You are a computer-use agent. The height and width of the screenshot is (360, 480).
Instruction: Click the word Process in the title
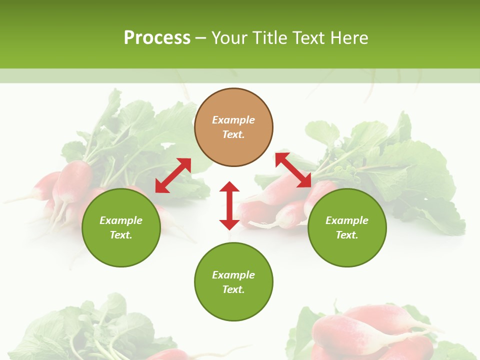coord(157,38)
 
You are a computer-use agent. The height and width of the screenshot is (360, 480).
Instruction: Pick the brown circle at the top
coord(233,102)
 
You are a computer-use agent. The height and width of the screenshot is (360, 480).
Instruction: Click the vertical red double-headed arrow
coord(229,205)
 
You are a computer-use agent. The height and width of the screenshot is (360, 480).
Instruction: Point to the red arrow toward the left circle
coord(173,175)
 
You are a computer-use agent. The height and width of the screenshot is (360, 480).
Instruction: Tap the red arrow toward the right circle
coord(293,170)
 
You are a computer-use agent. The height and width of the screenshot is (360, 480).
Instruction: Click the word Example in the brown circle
coord(233,120)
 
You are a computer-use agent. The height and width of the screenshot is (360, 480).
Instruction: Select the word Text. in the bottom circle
coord(233,289)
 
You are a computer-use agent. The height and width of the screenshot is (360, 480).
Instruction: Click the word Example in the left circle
coord(121,220)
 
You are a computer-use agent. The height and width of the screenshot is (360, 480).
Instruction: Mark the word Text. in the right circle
coord(347,235)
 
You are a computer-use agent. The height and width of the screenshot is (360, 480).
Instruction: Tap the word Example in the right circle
coord(347,220)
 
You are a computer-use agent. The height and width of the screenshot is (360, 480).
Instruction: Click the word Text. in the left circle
coord(121,235)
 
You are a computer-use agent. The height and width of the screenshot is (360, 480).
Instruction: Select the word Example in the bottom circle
coord(233,275)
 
